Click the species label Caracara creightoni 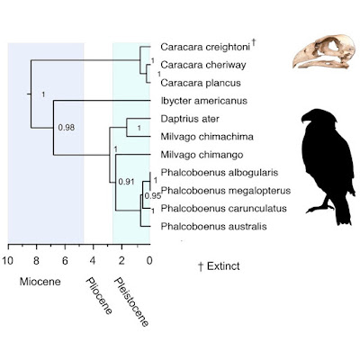click(x=205, y=47)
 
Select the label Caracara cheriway click(x=203, y=65)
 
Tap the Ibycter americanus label click(x=204, y=101)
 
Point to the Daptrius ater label click(x=190, y=119)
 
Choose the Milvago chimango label click(x=202, y=155)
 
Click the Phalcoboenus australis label click(x=213, y=226)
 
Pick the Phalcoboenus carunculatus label click(x=223, y=208)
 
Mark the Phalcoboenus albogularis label click(x=220, y=173)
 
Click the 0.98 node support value click(x=67, y=128)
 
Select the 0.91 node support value click(x=126, y=182)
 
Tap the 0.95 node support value click(x=153, y=196)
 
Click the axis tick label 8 click(x=36, y=261)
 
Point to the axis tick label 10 click(x=8, y=261)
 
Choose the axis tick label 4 click(x=93, y=261)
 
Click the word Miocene click(x=40, y=282)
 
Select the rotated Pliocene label click(x=99, y=295)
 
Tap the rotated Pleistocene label click(x=131, y=301)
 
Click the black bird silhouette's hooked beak click(x=305, y=119)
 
